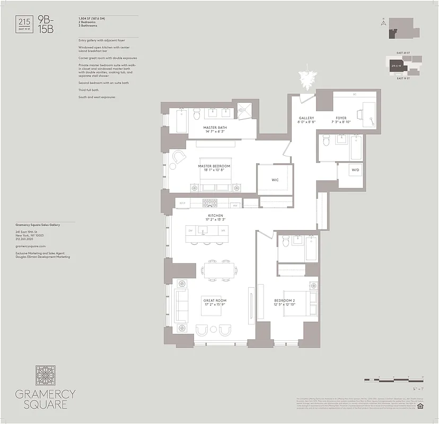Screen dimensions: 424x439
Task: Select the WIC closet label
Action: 275,180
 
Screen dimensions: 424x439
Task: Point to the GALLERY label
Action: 306,118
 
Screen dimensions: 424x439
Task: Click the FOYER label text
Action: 341,118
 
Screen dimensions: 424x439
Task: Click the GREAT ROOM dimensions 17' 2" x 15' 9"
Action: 215,305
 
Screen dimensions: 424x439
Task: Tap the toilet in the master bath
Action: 196,113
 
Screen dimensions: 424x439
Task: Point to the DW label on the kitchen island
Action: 190,231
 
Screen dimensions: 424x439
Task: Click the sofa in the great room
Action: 181,307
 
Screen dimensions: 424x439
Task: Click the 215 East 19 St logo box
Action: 24,24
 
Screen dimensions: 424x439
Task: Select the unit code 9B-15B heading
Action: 46,25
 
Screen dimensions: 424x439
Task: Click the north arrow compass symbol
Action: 382,22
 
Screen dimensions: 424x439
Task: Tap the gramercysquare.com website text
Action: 31,246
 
